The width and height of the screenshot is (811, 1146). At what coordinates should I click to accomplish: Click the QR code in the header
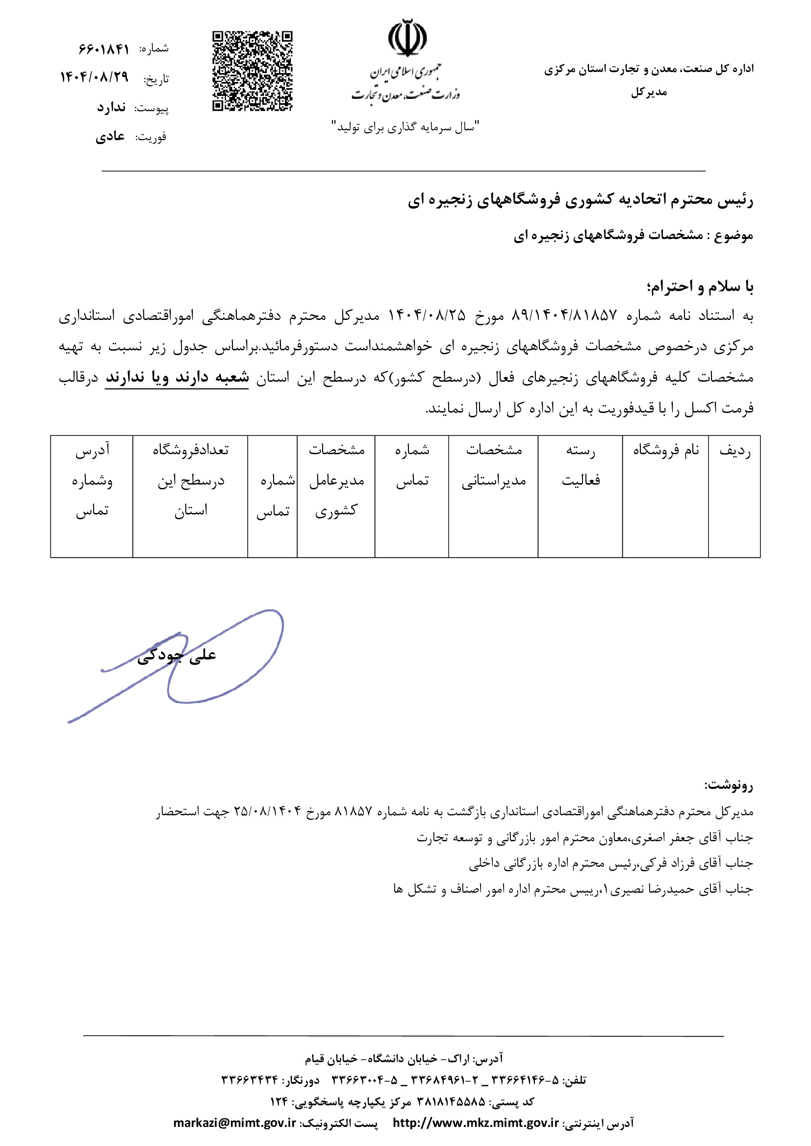tap(252, 71)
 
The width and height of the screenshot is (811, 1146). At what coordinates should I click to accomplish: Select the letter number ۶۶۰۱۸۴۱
tap(103, 49)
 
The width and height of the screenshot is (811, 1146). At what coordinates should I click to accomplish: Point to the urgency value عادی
tap(110, 136)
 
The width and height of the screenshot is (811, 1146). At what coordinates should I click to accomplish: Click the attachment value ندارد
tap(111, 107)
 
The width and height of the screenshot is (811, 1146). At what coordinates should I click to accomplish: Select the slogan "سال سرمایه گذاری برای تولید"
tap(405, 127)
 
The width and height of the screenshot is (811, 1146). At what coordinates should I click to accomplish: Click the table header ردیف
tap(734, 451)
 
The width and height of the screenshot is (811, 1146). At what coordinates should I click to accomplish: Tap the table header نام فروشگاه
tap(666, 450)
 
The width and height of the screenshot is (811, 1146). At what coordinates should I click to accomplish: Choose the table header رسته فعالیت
tap(580, 465)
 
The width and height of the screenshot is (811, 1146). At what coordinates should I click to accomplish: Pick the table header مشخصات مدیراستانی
tap(493, 465)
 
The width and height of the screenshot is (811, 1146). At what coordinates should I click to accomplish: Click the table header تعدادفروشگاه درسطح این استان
tap(190, 480)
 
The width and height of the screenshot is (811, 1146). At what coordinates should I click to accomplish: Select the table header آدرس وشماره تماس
tap(92, 480)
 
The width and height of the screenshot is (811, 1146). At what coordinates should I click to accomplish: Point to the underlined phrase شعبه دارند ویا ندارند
tap(177, 377)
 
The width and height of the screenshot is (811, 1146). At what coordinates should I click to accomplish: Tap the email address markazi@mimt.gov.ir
tap(235, 1122)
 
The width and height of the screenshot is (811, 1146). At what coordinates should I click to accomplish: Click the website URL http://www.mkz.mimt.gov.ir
tap(476, 1122)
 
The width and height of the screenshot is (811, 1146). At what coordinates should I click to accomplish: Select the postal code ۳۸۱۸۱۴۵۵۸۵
tap(451, 1101)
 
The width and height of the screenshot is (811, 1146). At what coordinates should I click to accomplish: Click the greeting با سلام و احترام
tap(700, 287)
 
